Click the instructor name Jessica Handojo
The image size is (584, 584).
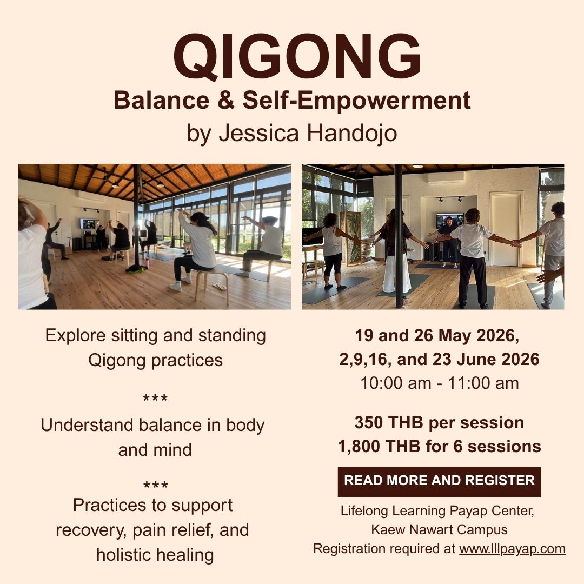click(x=308, y=134)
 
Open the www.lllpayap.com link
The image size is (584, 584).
click(x=512, y=549)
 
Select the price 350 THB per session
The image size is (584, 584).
click(x=439, y=422)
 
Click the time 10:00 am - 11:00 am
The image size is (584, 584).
click(x=439, y=383)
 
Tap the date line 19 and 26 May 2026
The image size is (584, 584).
click(x=437, y=335)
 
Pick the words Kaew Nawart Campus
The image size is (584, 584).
click(x=439, y=529)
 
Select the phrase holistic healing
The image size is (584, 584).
click(x=155, y=554)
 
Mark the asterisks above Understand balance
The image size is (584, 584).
click(x=155, y=400)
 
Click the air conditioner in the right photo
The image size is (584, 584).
click(x=445, y=177)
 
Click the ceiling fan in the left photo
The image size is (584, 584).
click(x=101, y=177)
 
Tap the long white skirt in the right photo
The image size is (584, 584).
click(x=397, y=273)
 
